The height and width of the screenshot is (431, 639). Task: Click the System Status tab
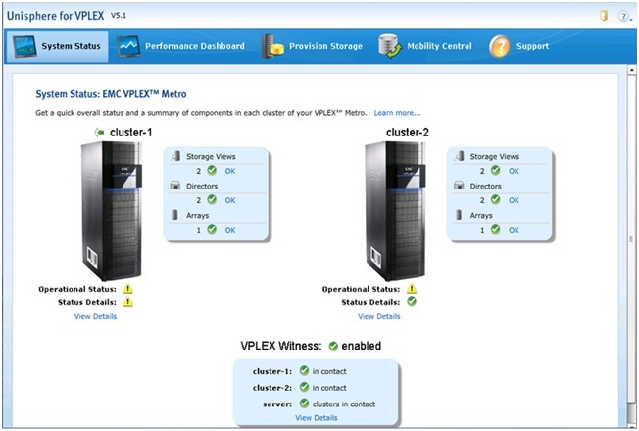[58, 46]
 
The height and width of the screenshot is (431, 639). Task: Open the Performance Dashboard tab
[181, 46]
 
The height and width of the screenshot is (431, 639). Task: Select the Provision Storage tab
[313, 46]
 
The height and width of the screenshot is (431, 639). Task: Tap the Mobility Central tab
[425, 46]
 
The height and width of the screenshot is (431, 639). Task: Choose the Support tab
[519, 46]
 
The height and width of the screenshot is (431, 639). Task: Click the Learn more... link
[397, 113]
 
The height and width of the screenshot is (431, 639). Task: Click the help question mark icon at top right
[623, 16]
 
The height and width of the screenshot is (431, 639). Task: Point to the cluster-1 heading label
[130, 133]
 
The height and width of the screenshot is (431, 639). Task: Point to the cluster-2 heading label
[408, 133]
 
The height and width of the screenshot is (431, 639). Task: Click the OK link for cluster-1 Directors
[230, 200]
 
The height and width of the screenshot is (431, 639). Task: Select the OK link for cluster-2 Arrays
[514, 230]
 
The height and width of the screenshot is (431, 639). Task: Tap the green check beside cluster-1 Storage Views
[212, 170]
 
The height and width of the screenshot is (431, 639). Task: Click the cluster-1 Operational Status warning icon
[128, 289]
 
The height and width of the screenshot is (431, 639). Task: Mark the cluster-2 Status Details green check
[412, 302]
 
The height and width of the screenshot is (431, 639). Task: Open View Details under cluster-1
[95, 316]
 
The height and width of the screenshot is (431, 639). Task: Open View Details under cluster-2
[379, 316]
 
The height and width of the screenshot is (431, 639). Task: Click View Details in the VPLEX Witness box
[317, 418]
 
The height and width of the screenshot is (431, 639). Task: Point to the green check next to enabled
[333, 347]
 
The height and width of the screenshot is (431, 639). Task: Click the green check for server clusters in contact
[304, 404]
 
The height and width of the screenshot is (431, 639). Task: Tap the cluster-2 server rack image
[395, 210]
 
